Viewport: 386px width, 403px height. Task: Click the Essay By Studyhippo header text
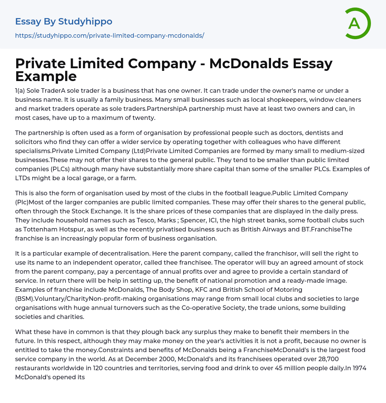click(64, 21)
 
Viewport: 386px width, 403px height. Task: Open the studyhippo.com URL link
click(109, 35)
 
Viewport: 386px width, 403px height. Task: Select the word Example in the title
click(46, 77)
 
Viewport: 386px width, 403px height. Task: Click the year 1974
click(360, 368)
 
